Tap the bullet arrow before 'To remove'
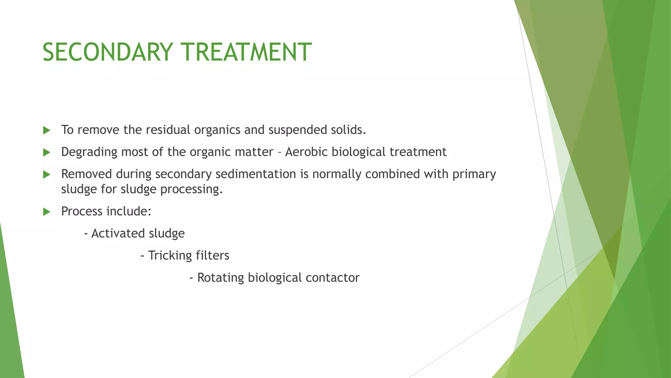[47, 130]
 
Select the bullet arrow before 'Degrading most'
[47, 152]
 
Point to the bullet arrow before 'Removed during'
[47, 174]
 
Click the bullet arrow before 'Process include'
[47, 212]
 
